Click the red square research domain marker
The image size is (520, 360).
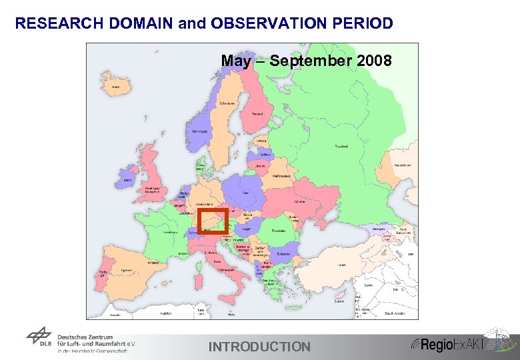213,221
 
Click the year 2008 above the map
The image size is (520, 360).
375,61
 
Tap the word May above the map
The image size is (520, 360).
236,61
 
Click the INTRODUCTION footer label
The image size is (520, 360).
259,347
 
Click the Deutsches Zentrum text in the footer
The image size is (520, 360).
85,337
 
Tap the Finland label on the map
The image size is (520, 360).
257,114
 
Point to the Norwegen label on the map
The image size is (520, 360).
199,131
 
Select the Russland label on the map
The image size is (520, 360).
340,146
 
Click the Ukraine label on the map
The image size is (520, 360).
300,200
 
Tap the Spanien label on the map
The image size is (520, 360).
125,271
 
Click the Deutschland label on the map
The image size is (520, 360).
204,204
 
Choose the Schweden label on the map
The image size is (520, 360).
227,104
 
